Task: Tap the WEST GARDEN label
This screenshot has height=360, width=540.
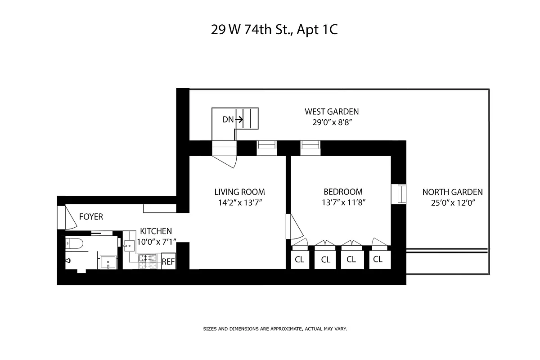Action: pyautogui.click(x=332, y=112)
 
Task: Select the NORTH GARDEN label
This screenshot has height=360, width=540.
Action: pyautogui.click(x=452, y=192)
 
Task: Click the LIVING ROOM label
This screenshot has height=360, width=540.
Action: pyautogui.click(x=239, y=192)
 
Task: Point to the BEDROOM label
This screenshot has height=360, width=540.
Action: pyautogui.click(x=342, y=192)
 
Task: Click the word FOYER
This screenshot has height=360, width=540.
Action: pyautogui.click(x=91, y=217)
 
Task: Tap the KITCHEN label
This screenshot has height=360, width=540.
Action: pyautogui.click(x=155, y=231)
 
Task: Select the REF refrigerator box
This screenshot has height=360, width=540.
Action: pyautogui.click(x=168, y=261)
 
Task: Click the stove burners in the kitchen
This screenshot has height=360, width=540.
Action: pyautogui.click(x=147, y=261)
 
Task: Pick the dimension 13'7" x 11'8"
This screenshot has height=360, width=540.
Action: pyautogui.click(x=342, y=202)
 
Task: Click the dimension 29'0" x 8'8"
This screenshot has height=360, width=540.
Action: pyautogui.click(x=332, y=122)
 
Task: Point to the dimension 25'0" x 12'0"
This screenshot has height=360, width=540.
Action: pyautogui.click(x=452, y=202)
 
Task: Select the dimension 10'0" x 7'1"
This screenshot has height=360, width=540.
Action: pyautogui.click(x=155, y=242)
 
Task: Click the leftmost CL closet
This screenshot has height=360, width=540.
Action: pyautogui.click(x=299, y=260)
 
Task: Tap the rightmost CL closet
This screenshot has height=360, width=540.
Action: pyautogui.click(x=378, y=259)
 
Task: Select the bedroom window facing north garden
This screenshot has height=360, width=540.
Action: pyautogui.click(x=399, y=194)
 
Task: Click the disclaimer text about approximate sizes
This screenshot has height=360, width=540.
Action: pyautogui.click(x=275, y=329)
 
